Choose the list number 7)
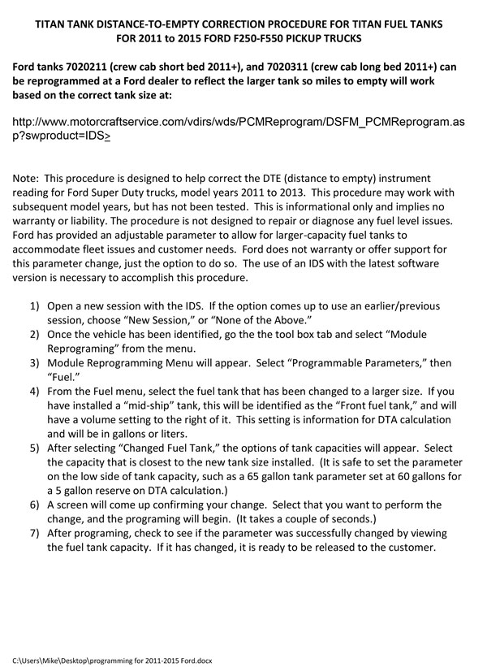pos(36,533)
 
